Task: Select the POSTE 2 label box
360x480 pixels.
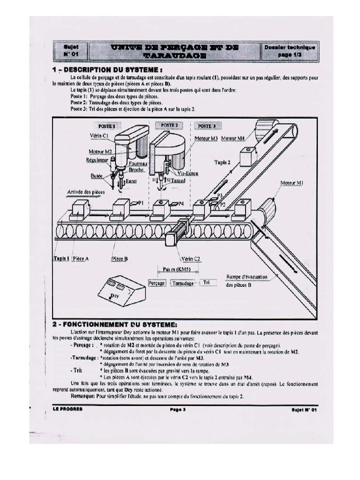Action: pyautogui.click(x=169, y=126)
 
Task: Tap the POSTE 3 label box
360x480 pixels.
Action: pyautogui.click(x=206, y=126)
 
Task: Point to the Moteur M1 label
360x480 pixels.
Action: pyautogui.click(x=291, y=183)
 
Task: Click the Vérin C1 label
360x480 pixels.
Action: pyautogui.click(x=99, y=135)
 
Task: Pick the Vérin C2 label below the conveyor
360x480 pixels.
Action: pyautogui.click(x=190, y=258)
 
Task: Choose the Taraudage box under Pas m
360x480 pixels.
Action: pyautogui.click(x=183, y=284)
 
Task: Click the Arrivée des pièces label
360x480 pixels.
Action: pyautogui.click(x=85, y=192)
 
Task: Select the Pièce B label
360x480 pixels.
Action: pyautogui.click(x=120, y=258)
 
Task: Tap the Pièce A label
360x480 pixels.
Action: pyautogui.click(x=80, y=258)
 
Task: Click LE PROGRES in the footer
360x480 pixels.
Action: pyautogui.click(x=67, y=409)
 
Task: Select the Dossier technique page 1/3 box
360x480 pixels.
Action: pyautogui.click(x=290, y=51)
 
